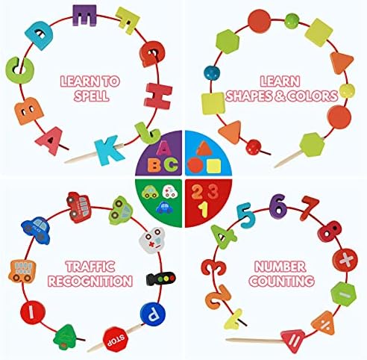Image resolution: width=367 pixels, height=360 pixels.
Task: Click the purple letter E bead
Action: [x=84, y=15]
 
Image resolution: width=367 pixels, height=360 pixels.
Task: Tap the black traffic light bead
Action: [x=161, y=278]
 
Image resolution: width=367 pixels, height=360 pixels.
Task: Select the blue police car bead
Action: [x=37, y=231]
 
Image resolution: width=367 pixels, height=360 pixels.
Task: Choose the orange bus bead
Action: [x=22, y=271]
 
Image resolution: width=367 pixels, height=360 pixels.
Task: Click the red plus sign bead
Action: [x=345, y=260]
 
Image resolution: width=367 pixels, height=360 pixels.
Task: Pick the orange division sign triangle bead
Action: [x=324, y=323]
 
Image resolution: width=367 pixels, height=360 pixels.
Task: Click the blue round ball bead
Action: [x=212, y=72]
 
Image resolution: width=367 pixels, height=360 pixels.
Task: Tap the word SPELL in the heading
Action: [x=92, y=96]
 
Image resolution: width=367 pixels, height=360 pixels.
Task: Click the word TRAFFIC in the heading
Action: [x=90, y=267]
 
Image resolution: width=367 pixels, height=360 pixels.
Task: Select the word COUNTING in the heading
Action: [x=282, y=281]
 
